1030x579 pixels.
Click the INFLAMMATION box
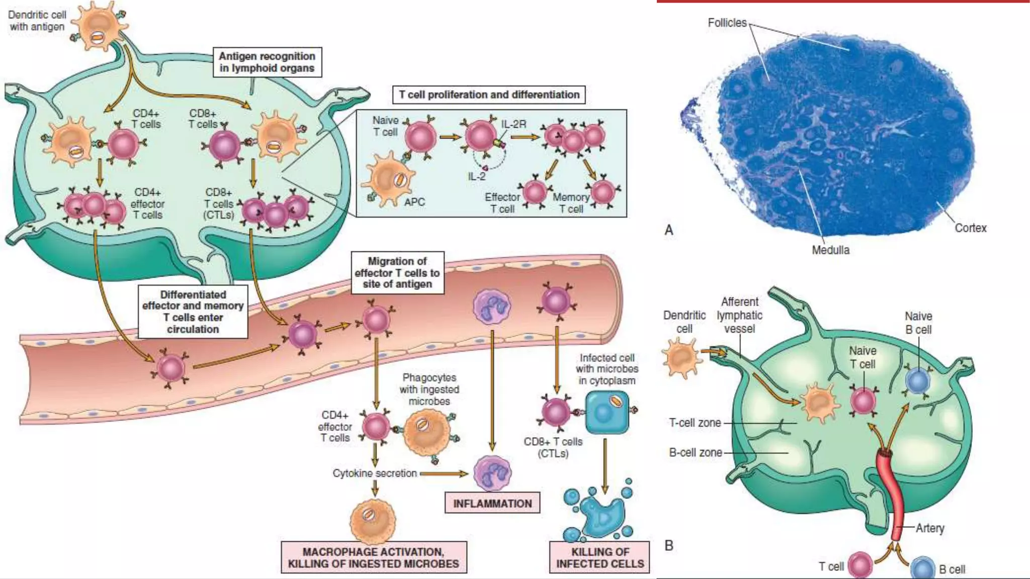coord(492,503)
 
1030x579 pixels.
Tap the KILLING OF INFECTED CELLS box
coord(599,557)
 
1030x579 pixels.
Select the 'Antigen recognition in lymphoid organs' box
coord(267,62)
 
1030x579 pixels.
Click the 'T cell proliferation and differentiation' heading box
coord(489,94)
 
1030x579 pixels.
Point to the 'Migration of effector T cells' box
coord(397,272)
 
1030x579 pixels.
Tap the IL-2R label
coord(513,124)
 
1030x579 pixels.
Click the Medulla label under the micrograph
coord(830,250)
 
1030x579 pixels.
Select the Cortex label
coord(970,228)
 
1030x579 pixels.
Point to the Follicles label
coord(727,23)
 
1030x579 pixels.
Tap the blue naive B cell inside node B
coord(918,381)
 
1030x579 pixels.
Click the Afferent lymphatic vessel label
coord(739,315)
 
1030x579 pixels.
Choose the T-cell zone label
coord(695,423)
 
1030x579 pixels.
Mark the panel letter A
coord(669,230)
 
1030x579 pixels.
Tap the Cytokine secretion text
coord(375,473)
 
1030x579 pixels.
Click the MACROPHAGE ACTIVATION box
coord(374,557)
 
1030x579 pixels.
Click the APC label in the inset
coord(414,202)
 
